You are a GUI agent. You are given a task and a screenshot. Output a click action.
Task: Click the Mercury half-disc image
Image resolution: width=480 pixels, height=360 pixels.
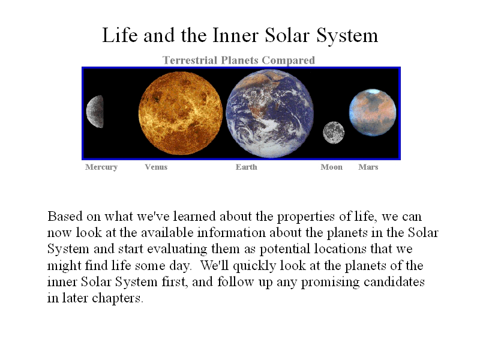point(95,112)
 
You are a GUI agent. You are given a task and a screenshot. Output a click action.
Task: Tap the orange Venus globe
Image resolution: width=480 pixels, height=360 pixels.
point(181,113)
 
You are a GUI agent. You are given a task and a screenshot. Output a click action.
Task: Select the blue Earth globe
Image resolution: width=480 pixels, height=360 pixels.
point(269,113)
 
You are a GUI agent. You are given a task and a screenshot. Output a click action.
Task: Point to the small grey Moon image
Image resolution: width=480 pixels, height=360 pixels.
point(334,132)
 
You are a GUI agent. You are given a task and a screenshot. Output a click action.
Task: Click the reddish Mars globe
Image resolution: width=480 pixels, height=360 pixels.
point(373,112)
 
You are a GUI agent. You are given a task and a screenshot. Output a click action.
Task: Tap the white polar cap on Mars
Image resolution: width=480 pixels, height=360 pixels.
point(372,91)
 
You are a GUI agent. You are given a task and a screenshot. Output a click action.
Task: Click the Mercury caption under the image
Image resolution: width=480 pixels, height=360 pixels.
point(101,167)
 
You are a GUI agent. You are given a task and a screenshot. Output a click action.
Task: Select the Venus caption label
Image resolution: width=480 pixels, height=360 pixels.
point(156,167)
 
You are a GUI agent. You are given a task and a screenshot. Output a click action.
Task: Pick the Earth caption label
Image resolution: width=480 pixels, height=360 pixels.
point(247,167)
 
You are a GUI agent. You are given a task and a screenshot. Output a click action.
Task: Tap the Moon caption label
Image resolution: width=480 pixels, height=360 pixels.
point(332,167)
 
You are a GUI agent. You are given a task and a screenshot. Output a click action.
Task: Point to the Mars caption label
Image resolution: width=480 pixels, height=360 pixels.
point(368,167)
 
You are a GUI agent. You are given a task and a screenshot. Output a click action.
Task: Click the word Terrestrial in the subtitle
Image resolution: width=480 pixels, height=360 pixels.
point(190,61)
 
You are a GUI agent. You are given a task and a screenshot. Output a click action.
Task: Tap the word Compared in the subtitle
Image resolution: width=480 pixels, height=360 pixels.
point(289,61)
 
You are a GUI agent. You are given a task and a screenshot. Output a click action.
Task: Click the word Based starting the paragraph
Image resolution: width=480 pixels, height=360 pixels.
point(65,216)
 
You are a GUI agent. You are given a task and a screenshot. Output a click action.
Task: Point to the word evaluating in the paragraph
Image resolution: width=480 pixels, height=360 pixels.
point(177,249)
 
